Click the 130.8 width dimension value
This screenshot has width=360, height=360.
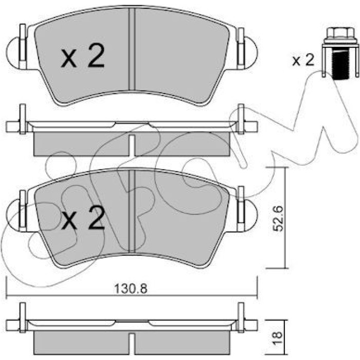(131, 289)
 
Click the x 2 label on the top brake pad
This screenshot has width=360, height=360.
(83, 56)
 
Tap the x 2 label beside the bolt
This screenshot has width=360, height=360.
(303, 60)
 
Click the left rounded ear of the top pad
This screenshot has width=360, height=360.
(14, 53)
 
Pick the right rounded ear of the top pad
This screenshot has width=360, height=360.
(251, 53)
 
